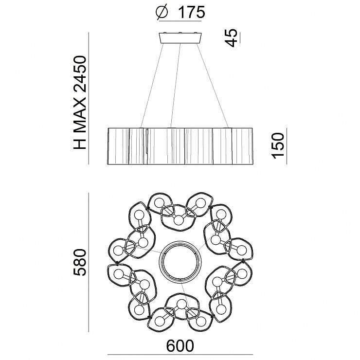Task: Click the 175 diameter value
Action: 192,12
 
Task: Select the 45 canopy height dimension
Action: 231,37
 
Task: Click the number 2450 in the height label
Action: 79,73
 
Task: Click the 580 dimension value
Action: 79,262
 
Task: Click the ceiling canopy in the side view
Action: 180,37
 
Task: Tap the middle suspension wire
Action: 176,85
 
